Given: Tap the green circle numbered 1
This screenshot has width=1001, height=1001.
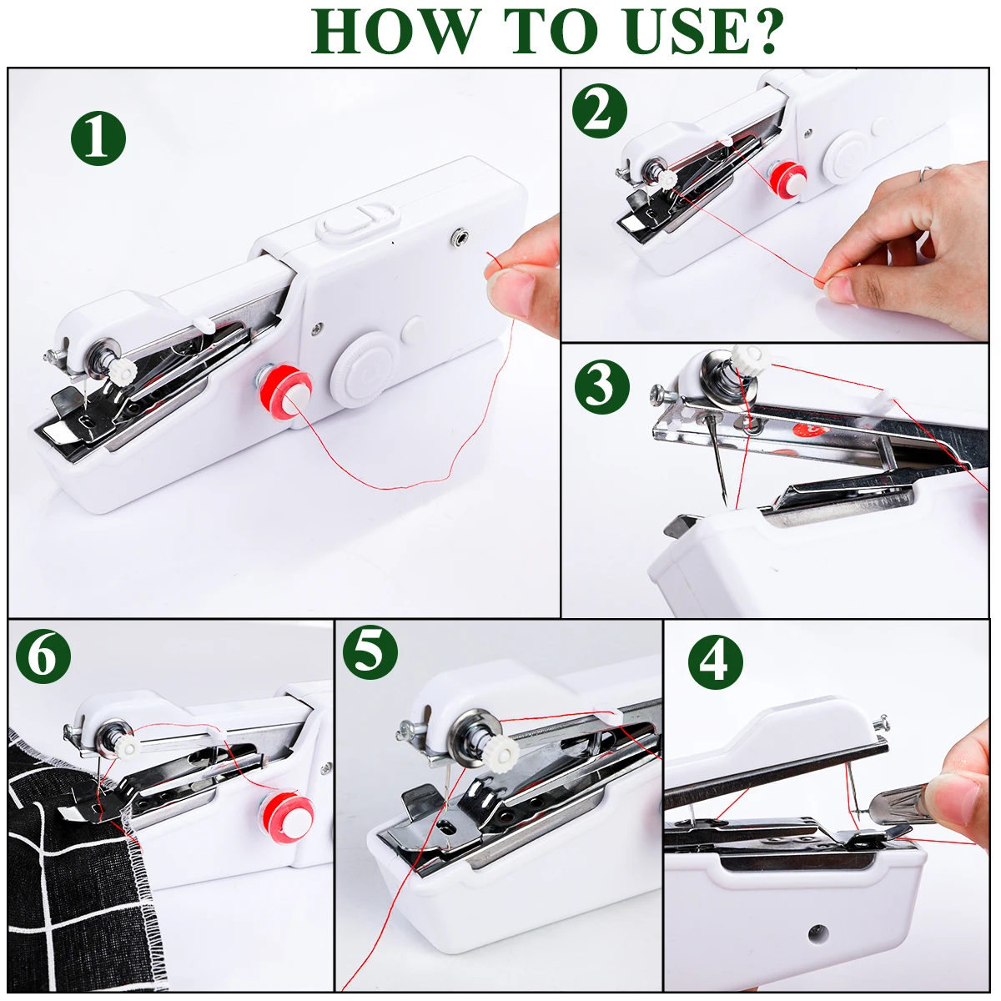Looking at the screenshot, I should (x=98, y=138).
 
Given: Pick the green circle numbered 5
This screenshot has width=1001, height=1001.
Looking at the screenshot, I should (x=370, y=651).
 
